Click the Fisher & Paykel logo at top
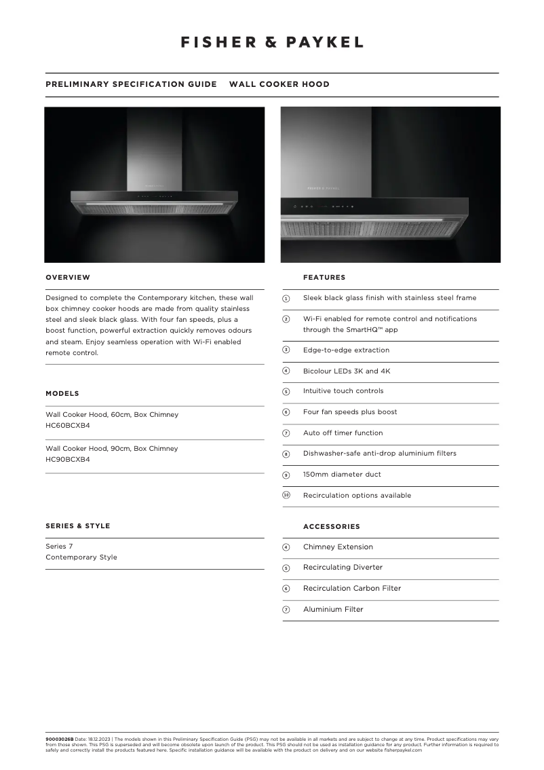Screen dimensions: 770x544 click(271, 42)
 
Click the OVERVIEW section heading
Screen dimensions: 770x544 click(68, 277)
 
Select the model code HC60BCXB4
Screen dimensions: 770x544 click(68, 425)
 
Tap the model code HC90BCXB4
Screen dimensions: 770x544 click(68, 459)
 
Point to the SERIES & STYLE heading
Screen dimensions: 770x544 click(77, 526)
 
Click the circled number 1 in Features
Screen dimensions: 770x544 click(286, 299)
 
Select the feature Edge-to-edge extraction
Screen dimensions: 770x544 click(346, 350)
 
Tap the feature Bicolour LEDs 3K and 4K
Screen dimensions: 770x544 click(347, 371)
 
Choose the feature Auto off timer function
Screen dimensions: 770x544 click(343, 433)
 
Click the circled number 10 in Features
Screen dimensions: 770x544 click(286, 495)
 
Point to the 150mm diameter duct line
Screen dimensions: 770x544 click(342, 474)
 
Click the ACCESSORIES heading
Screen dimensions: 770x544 click(332, 526)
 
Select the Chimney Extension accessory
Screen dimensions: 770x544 click(338, 547)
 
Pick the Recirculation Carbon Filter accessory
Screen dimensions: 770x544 click(352, 588)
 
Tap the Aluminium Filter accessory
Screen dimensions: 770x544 click(333, 609)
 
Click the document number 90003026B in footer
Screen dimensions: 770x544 click(59, 738)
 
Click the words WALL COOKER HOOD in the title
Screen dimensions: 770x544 click(279, 84)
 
